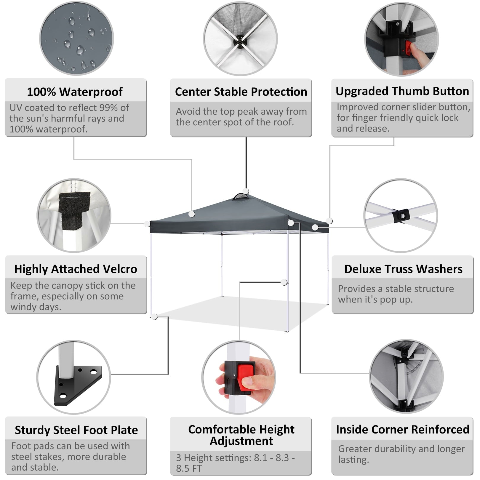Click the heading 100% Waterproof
(75, 92)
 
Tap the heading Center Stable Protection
(241, 92)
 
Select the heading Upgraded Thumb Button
(402, 91)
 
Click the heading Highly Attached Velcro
(76, 269)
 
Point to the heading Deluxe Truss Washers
(403, 269)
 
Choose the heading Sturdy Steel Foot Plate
(76, 430)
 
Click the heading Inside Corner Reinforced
(402, 430)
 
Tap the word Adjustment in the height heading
(241, 441)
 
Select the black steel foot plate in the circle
(78, 387)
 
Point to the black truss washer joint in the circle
(401, 216)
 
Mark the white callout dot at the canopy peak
(246, 191)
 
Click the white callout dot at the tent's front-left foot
(154, 317)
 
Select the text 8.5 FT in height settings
(189, 468)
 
